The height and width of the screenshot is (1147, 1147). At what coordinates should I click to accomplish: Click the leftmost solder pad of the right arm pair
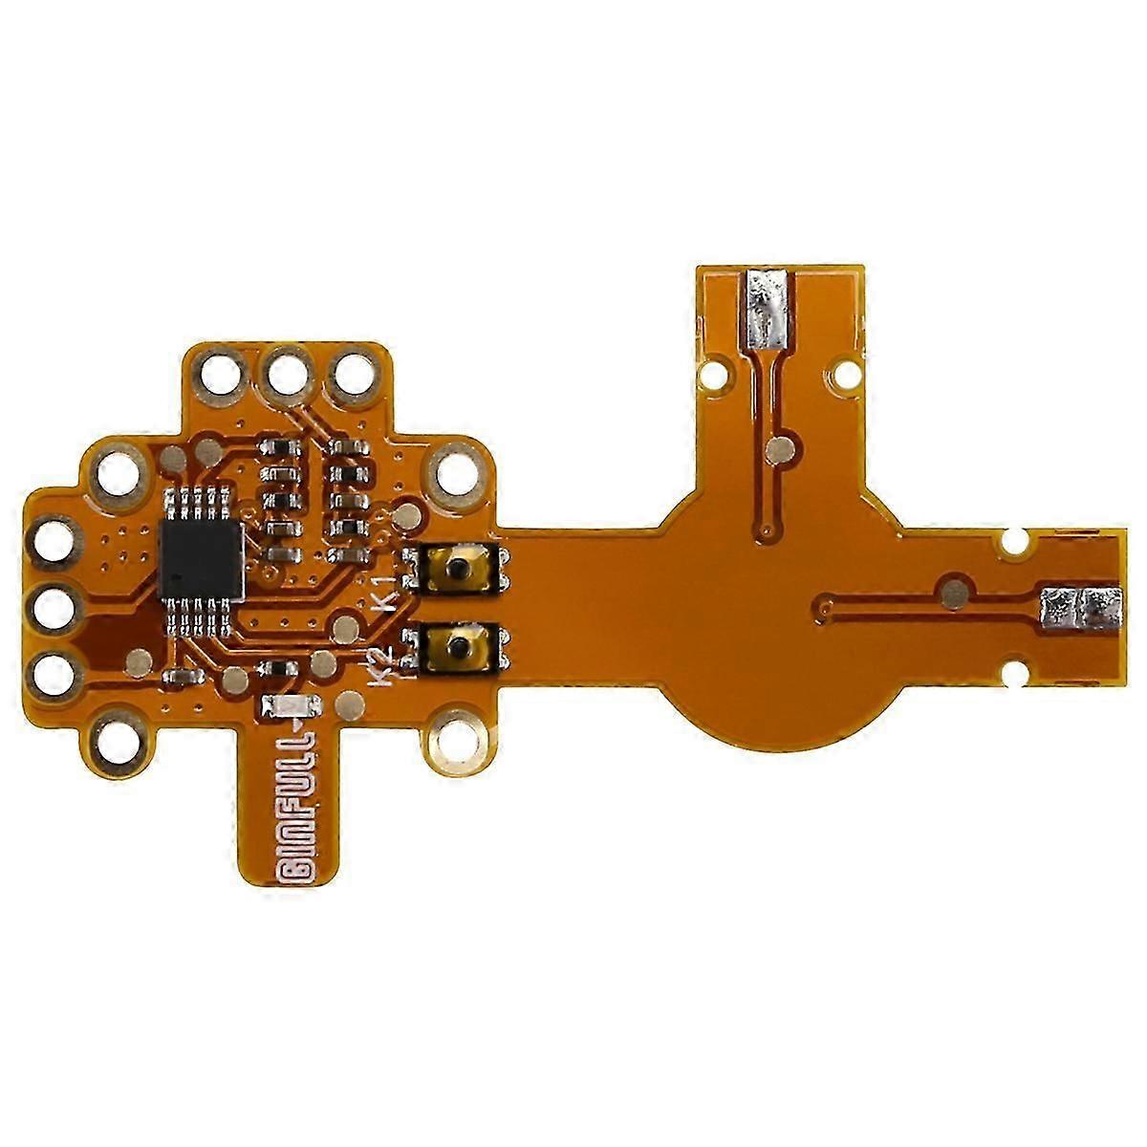[x=1059, y=610]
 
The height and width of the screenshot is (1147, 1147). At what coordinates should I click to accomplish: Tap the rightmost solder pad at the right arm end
[x=1101, y=610]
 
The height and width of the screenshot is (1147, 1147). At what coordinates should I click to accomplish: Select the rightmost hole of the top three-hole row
[x=355, y=374]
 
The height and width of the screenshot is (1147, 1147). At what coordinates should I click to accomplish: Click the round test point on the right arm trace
[x=952, y=594]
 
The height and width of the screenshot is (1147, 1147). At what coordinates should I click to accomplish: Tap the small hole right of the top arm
[x=845, y=376]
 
